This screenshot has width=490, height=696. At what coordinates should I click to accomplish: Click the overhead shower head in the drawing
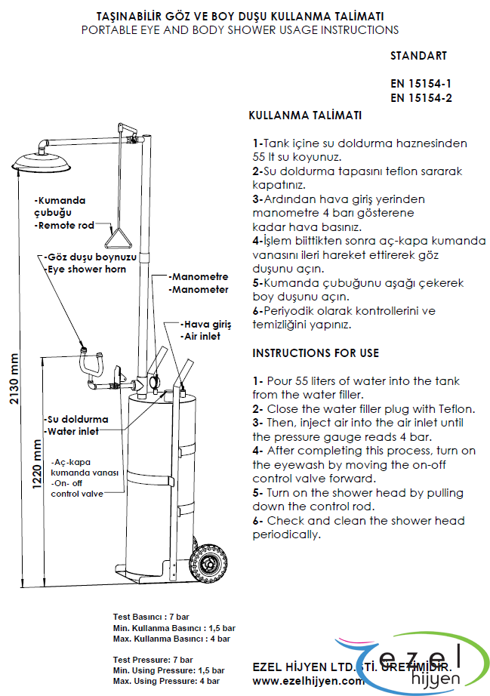click(43, 162)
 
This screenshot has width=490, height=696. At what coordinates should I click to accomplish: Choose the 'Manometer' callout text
click(199, 289)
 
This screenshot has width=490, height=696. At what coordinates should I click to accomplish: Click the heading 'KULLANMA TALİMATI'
click(305, 115)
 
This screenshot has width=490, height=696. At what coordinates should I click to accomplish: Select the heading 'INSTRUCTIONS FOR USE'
click(316, 353)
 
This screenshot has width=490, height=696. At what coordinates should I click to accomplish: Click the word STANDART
click(418, 56)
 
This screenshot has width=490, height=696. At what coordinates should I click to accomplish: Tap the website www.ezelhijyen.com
click(308, 680)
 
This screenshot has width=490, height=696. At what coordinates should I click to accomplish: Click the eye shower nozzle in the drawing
click(85, 349)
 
